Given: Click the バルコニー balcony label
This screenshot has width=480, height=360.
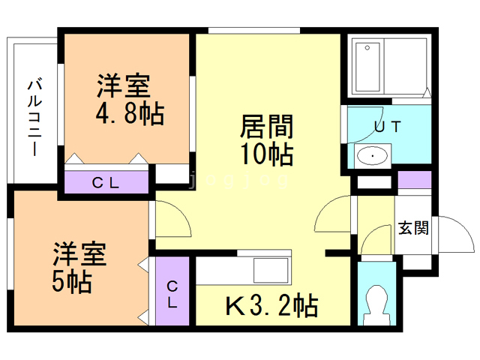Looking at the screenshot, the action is (35, 117).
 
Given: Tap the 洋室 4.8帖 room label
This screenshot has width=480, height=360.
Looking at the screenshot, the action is (130, 99).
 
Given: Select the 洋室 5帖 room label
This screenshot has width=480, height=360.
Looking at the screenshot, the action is (79, 267).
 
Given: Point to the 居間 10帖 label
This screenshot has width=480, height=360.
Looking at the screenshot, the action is (267, 139).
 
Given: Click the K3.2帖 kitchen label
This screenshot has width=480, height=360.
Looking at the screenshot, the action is (271, 305).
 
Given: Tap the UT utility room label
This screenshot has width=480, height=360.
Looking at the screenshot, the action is (388, 127).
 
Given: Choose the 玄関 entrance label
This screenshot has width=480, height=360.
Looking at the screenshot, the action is (413, 228).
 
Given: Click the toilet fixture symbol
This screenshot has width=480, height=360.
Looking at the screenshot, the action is (376, 305).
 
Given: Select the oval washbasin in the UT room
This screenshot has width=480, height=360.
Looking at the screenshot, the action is (372, 156).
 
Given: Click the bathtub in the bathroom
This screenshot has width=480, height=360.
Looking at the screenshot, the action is (367, 67).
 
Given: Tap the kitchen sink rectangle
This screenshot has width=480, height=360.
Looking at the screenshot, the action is (271, 270).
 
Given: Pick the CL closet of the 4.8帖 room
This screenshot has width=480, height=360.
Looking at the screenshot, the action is (106, 182).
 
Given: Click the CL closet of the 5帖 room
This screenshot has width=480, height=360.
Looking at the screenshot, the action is (172, 291).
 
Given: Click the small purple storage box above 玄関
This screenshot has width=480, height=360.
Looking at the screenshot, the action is (415, 180).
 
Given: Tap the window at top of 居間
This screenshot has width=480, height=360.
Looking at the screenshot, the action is (254, 31).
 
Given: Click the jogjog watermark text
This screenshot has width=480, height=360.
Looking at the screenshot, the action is (238, 180).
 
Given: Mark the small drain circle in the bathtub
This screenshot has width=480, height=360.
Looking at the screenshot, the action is (367, 48).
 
